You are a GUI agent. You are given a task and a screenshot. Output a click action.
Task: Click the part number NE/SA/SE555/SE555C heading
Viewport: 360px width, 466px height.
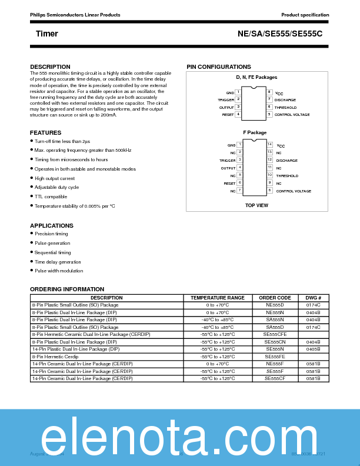[x=280, y=34]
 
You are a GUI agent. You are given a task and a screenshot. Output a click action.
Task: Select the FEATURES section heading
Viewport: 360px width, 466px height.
[x=45, y=133]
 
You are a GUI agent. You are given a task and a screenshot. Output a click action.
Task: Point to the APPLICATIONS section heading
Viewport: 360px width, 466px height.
[x=52, y=225]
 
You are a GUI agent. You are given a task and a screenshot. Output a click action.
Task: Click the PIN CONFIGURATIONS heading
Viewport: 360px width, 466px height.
[x=219, y=67]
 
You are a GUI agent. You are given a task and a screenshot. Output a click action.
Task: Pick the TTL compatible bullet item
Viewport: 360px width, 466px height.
[x=51, y=197]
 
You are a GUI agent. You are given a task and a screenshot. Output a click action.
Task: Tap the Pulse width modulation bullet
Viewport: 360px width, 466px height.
[x=59, y=271]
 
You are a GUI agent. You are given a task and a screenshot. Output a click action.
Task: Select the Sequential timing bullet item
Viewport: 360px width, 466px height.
[x=52, y=252]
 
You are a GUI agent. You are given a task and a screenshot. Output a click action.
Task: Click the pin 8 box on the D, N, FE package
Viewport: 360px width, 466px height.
[x=269, y=92]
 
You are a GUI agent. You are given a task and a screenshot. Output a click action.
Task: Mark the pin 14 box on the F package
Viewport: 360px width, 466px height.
[x=269, y=144]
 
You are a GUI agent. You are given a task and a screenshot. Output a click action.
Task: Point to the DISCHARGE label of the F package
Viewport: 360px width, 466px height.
[x=286, y=161]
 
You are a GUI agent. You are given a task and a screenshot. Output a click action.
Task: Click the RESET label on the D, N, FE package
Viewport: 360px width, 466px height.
[x=228, y=115]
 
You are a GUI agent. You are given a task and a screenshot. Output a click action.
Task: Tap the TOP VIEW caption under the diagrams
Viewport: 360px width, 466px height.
[x=256, y=205]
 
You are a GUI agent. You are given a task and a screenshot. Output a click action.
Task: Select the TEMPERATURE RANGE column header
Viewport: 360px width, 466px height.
[x=217, y=298]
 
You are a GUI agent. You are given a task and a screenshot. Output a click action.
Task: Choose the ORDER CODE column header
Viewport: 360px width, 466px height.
[x=275, y=298]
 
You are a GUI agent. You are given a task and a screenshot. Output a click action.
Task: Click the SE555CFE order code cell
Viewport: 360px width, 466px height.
[x=275, y=334]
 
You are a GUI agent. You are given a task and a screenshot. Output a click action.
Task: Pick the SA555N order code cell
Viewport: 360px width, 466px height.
[x=275, y=319]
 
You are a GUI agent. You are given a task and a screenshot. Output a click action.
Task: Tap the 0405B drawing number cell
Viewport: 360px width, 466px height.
[x=313, y=348]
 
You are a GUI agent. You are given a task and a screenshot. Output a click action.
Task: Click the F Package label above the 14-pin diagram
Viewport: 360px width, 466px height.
[x=255, y=133]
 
